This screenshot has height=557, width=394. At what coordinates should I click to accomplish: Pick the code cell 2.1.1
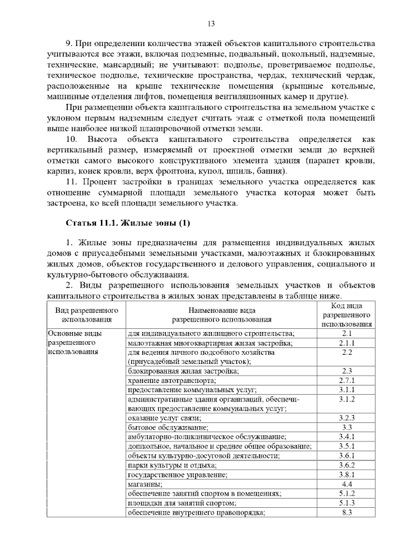347,343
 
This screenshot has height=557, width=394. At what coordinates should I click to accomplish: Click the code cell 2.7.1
347,381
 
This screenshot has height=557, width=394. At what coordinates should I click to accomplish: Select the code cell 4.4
347,484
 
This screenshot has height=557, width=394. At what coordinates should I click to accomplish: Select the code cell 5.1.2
347,493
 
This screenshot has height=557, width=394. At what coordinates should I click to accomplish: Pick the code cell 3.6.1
347,456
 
